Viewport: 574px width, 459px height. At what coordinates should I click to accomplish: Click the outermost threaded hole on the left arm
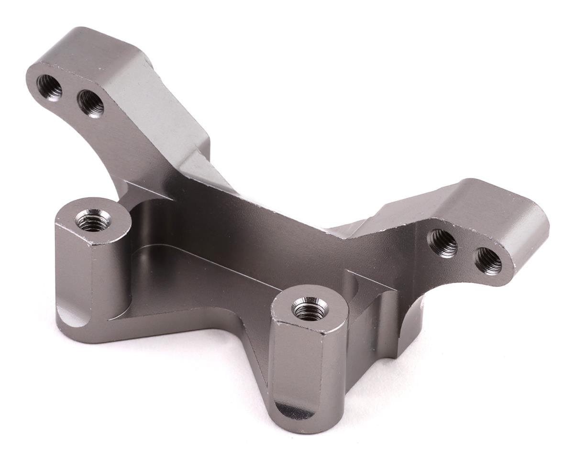(50, 87)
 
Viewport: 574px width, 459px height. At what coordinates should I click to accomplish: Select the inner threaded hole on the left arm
(91, 103)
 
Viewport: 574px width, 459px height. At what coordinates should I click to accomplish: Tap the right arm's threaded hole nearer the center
(443, 243)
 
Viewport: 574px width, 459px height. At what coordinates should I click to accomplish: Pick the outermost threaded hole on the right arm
(488, 261)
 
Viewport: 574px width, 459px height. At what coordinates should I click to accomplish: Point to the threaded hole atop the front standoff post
(309, 309)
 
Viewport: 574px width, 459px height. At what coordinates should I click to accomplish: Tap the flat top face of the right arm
(478, 201)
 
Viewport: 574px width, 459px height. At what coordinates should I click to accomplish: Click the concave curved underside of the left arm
(124, 158)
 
